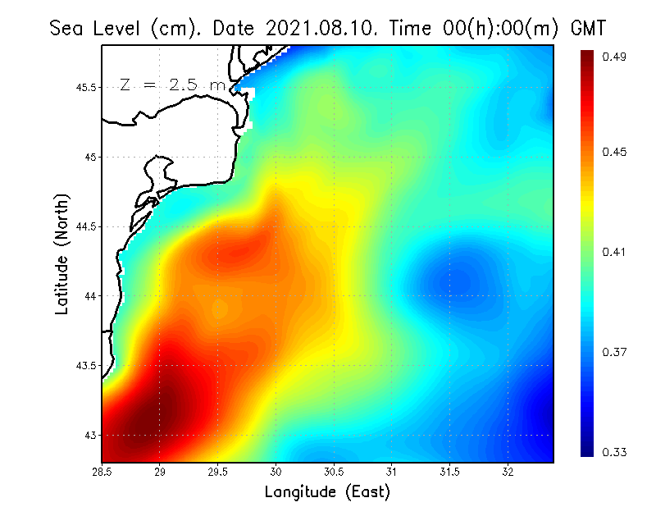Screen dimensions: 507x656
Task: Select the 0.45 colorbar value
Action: tap(616, 152)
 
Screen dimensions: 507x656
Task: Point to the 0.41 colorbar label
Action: tap(616, 252)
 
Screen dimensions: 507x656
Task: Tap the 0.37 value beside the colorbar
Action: tap(616, 352)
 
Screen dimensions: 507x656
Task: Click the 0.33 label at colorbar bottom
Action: tap(616, 451)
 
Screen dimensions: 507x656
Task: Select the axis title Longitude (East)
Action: tap(327, 492)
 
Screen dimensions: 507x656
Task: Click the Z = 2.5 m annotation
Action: tap(172, 84)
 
